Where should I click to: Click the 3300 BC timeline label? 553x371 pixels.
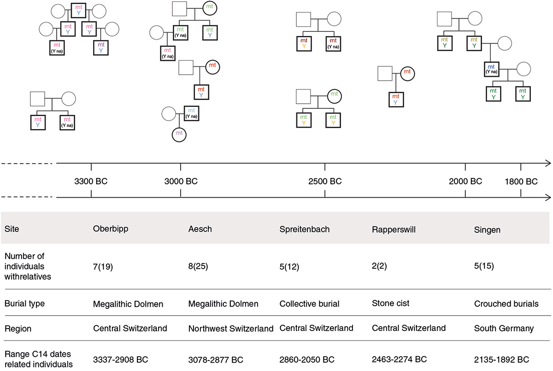[x=91, y=182]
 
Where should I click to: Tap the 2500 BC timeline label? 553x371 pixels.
[x=325, y=182]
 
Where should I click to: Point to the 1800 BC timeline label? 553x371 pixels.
[x=521, y=182]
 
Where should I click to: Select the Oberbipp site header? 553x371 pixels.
[x=111, y=229]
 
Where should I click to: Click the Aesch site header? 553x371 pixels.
[x=200, y=229]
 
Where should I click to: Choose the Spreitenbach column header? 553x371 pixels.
[x=305, y=230]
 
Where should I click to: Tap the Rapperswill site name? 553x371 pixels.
[x=394, y=230]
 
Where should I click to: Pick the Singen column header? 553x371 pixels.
[x=487, y=230]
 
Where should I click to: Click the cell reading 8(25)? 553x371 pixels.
[x=198, y=266]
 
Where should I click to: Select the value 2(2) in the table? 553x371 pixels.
[x=379, y=266]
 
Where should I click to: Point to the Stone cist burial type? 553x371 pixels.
[x=391, y=303]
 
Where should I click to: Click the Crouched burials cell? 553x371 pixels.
[x=506, y=304]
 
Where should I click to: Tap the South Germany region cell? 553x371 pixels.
[x=504, y=328]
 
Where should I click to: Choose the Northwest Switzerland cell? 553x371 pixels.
[x=231, y=329]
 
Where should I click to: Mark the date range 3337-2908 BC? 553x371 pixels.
[x=120, y=359]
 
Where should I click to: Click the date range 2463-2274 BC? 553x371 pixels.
[x=399, y=359]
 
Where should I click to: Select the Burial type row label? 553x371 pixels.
[x=25, y=304]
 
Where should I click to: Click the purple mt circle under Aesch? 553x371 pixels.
[x=179, y=135]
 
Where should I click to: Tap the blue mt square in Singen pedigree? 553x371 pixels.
[x=492, y=69]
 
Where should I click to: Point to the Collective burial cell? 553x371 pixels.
[x=309, y=304]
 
